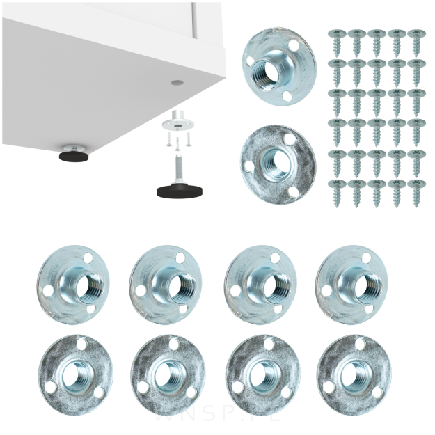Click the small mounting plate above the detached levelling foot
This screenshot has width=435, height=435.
[x=177, y=124]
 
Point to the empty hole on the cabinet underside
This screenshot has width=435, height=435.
[x=177, y=82]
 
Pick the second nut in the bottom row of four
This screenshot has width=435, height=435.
[x=168, y=375]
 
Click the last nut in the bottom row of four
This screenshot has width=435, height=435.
[x=354, y=375]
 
